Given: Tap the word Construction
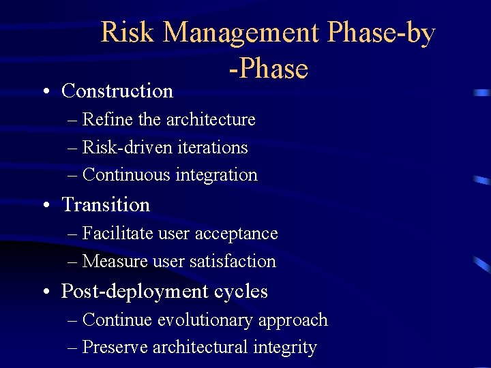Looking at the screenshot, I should (117, 91).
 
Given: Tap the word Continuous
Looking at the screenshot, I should (126, 175).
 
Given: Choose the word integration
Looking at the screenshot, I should (217, 175).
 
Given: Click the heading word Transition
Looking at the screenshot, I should (106, 204).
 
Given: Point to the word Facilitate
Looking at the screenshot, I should (117, 234).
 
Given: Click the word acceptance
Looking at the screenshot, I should (237, 234).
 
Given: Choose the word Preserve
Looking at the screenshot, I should (115, 348).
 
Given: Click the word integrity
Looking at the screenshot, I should (284, 348).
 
